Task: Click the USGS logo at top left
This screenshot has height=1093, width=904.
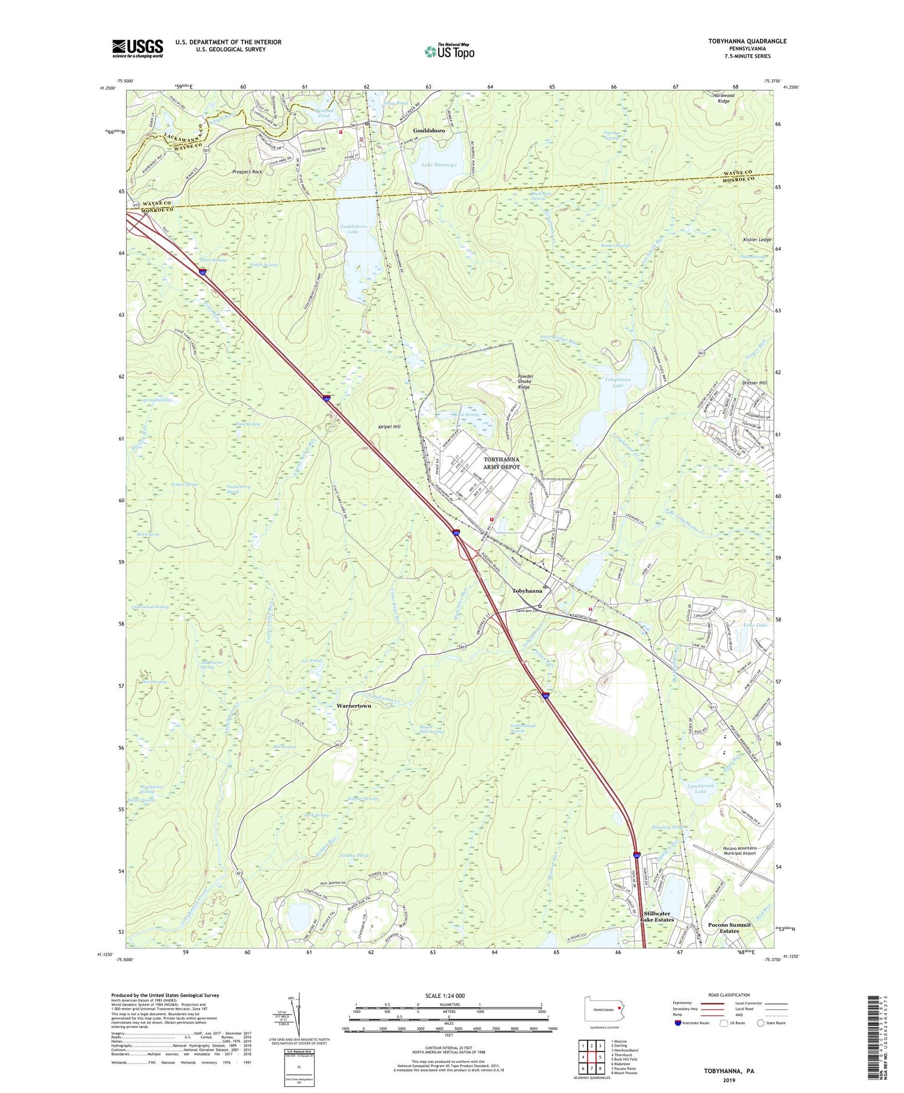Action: (137, 48)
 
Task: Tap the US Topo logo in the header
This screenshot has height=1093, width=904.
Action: (449, 51)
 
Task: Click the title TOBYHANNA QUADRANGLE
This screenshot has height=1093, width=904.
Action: (739, 41)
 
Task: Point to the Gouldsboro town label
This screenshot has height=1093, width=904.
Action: (428, 130)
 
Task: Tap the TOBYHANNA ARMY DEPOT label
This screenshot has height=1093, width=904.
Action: (501, 463)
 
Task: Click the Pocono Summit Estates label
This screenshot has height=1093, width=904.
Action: (729, 928)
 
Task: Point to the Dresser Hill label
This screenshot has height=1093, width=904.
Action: (755, 383)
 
